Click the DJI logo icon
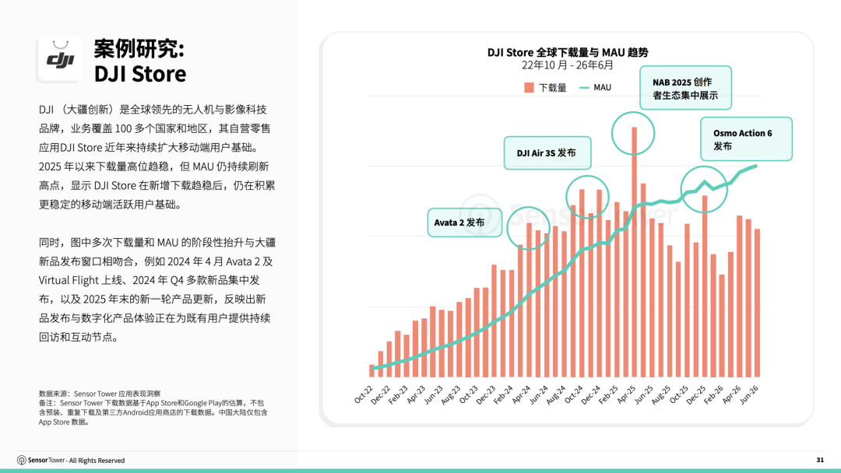pos(60,59)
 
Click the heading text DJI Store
pos(140,74)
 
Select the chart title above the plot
pos(568,52)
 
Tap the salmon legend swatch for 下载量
pos(529,87)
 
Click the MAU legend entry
pos(596,87)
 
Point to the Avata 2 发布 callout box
pos(464,222)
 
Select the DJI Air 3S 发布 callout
pos(547,152)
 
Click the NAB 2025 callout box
pos(685,88)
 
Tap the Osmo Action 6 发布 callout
pos(746,139)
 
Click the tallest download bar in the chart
pos(634,252)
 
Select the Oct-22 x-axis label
pos(364,394)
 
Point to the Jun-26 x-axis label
pos(749,394)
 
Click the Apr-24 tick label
pos(521,394)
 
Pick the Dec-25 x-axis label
pos(696,394)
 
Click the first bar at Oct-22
pos(371,370)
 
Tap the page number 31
pos(820,460)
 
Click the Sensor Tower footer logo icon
pos(22,460)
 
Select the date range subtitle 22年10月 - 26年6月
pos(568,65)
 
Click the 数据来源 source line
pos(100,394)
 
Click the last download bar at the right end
pos(758,303)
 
